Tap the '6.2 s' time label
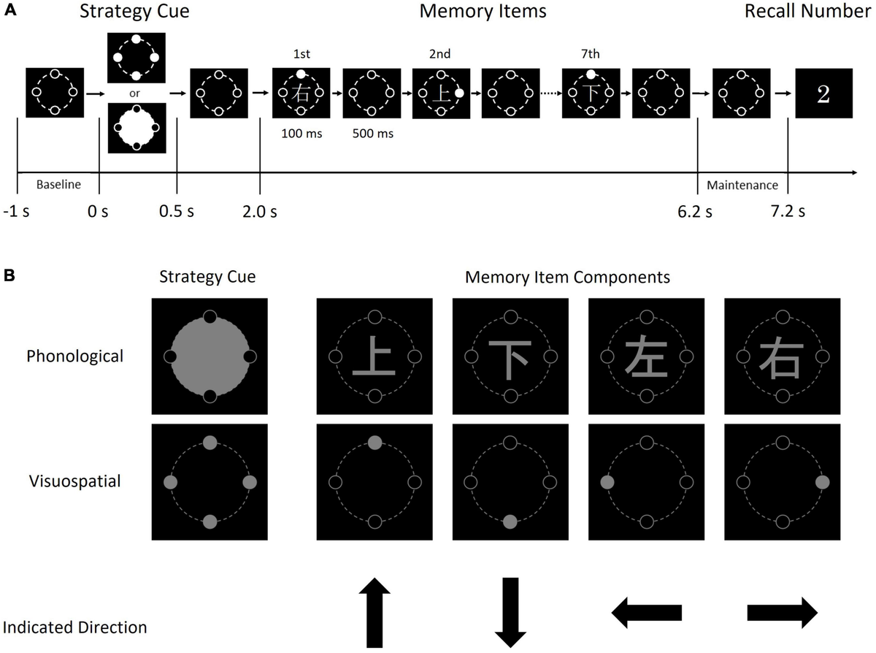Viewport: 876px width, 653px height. [x=696, y=212]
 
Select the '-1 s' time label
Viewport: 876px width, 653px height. [x=19, y=212]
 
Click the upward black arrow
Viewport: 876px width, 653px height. [x=374, y=612]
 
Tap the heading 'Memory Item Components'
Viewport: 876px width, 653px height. [x=567, y=278]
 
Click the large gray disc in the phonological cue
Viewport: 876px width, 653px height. [x=210, y=356]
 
